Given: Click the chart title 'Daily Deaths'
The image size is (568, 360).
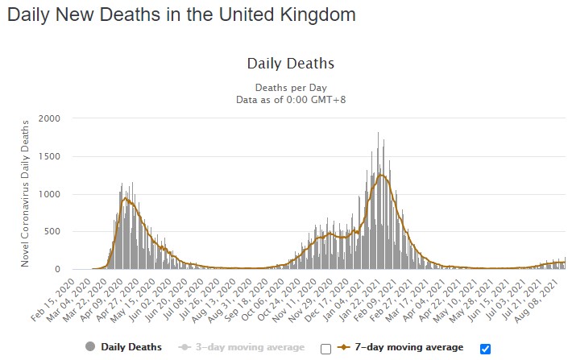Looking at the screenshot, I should coord(290,64).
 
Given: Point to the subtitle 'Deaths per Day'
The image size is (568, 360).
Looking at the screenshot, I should coord(290,87).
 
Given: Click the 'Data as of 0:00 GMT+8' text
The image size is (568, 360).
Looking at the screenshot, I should coord(290,99).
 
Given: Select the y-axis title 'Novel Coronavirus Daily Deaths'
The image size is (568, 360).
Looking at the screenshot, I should coord(26,193).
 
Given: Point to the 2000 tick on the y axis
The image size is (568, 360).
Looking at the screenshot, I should coord(49,119).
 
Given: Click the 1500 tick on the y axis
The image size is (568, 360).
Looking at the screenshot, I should coord(49,157).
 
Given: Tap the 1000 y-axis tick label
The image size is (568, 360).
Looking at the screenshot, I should coord(49,194).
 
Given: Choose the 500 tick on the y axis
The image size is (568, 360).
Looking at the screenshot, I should coord(52,232).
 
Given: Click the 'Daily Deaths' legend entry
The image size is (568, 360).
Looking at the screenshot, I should coord(130,347).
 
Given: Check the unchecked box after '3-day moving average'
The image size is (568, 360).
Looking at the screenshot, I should coord(325,348).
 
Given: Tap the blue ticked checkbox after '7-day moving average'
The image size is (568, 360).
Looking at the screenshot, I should coord(485,348).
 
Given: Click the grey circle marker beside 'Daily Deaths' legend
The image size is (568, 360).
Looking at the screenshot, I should coord(89,347).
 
